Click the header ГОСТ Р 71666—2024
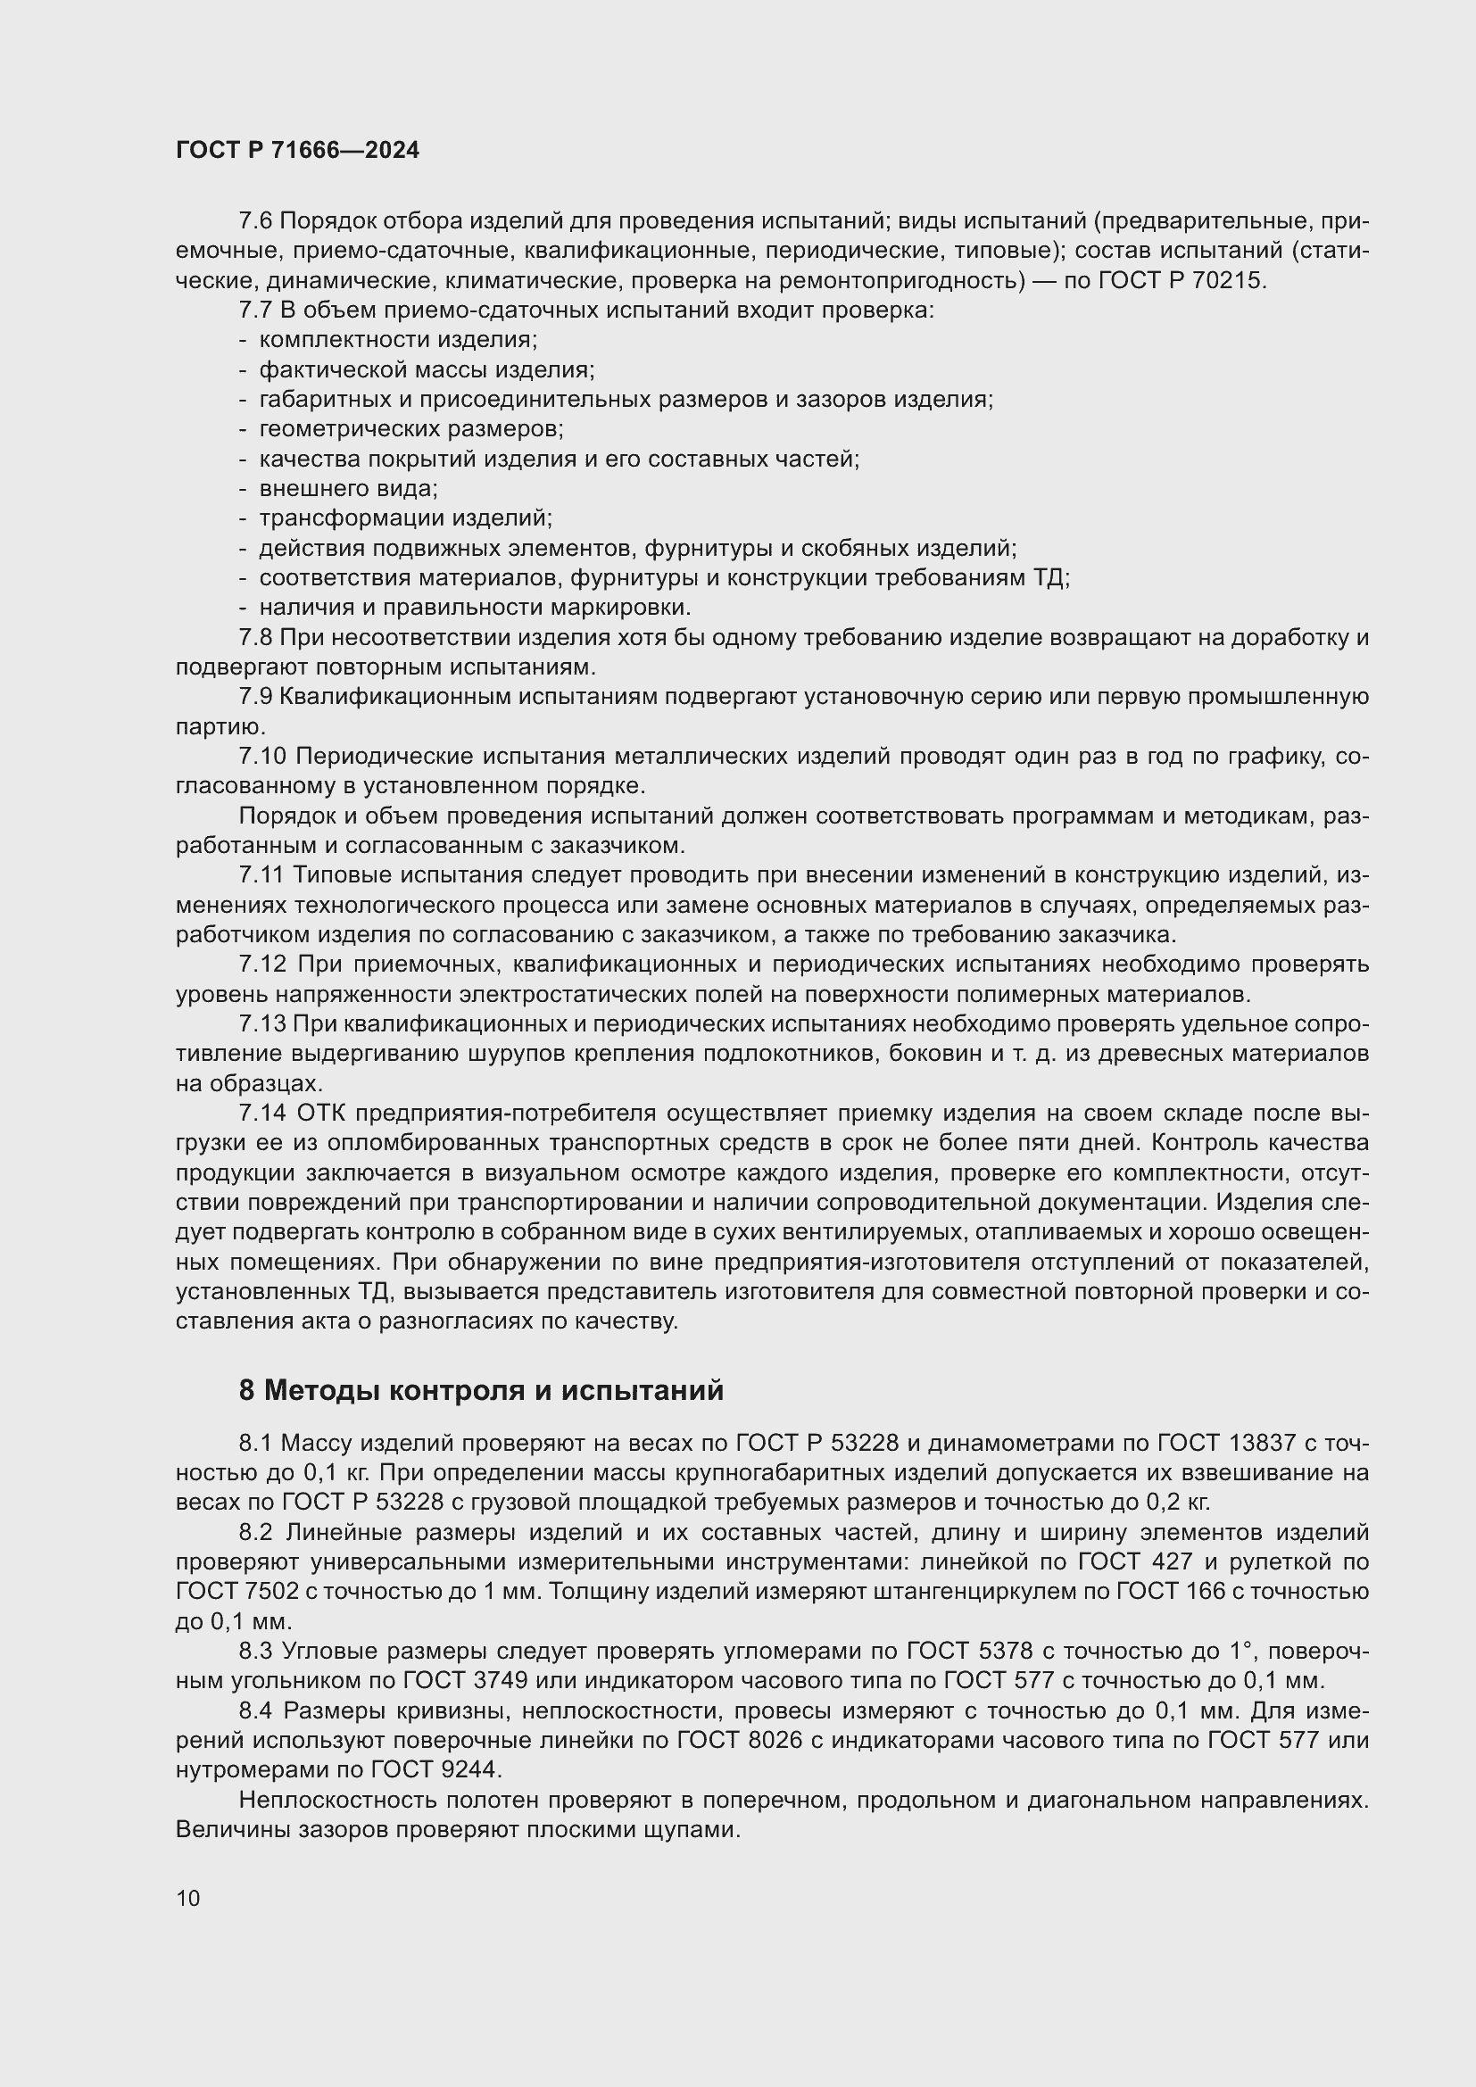(297, 151)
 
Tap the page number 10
(188, 1898)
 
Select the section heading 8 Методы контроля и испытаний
(481, 1391)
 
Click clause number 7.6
(255, 221)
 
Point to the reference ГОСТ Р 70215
(1181, 280)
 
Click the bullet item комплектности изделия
(398, 340)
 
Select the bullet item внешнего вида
(348, 489)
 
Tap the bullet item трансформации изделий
(405, 518)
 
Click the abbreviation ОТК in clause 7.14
(322, 1114)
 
